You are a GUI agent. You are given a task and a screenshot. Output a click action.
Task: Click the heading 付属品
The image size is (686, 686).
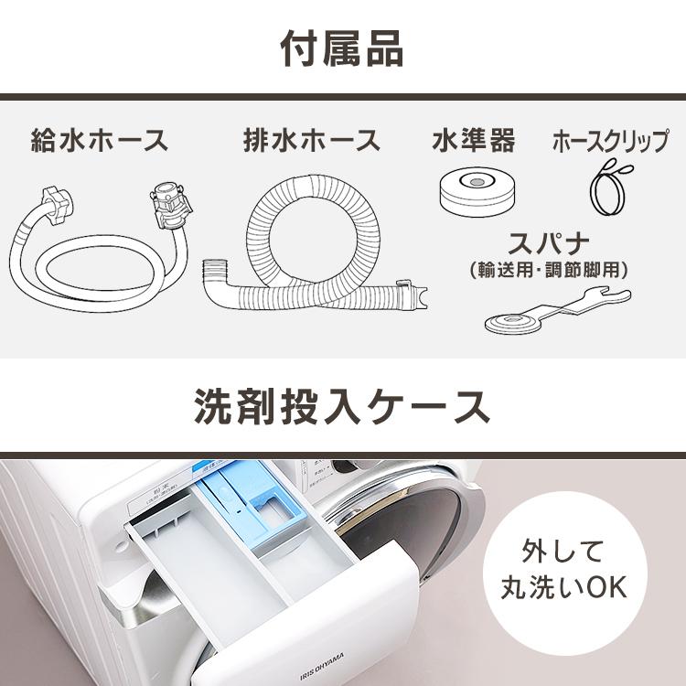pos(341,48)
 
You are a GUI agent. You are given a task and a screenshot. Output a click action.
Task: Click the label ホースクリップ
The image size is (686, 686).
pos(610,142)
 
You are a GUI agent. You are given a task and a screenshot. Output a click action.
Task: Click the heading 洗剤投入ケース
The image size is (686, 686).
pos(341,407)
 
